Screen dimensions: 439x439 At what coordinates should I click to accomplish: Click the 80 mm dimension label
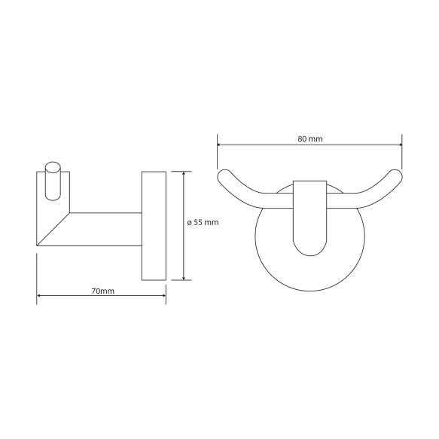[309, 139]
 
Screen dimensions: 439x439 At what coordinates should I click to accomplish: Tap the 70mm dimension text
[102, 291]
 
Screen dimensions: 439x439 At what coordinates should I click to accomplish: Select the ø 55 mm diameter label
[203, 222]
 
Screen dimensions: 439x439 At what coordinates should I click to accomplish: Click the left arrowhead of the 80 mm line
[220, 145]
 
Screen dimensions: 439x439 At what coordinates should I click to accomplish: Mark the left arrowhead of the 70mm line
[39, 297]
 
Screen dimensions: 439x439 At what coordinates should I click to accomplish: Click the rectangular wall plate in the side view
[154, 226]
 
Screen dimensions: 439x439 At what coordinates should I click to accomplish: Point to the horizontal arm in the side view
[105, 230]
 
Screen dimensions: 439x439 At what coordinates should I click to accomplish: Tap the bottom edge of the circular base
[309, 291]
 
